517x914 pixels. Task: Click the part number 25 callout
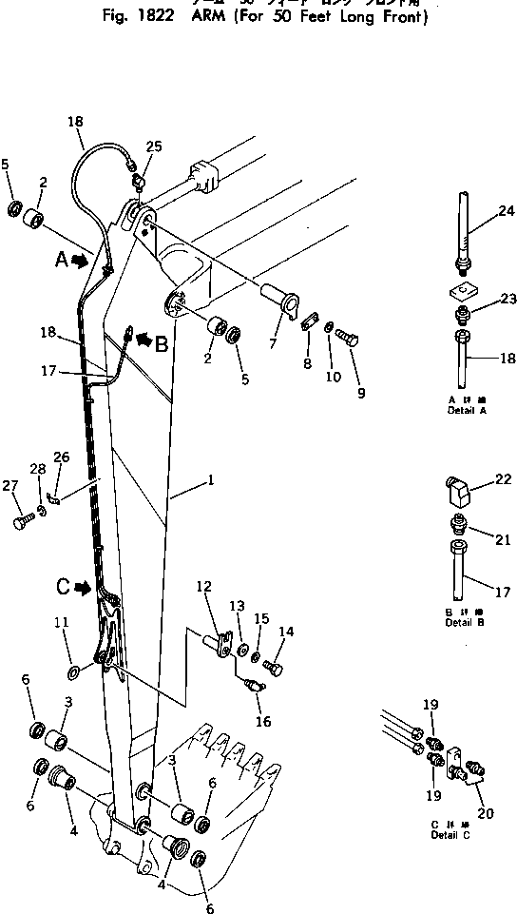click(154, 146)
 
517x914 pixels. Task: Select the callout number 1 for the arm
click(210, 482)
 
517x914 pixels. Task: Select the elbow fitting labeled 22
click(459, 494)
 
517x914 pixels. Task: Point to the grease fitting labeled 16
click(250, 686)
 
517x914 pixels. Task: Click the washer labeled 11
click(73, 674)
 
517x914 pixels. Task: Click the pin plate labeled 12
click(224, 644)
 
